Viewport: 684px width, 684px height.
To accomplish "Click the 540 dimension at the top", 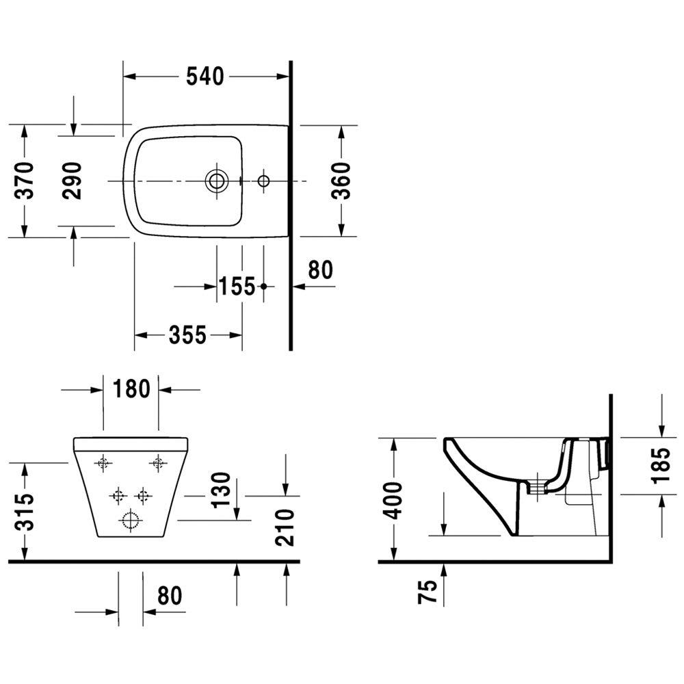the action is [x=205, y=77].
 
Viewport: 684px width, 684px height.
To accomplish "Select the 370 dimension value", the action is [x=25, y=180].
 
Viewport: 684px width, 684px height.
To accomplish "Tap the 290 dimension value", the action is [x=72, y=181].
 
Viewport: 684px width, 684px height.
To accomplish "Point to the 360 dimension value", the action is [x=340, y=180].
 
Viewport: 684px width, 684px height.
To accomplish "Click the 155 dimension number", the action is [x=237, y=287].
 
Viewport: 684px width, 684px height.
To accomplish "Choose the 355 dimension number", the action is [x=187, y=335].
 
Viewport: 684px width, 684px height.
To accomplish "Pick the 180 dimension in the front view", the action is [x=131, y=389].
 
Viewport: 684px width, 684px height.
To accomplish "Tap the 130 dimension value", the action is [x=220, y=490].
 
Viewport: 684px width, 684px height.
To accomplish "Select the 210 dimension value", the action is [x=285, y=527].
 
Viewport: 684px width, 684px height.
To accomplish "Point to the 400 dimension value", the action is [x=394, y=501].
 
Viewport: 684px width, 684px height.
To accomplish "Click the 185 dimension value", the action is [x=661, y=466].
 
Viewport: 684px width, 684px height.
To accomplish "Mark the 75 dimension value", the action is [x=428, y=591].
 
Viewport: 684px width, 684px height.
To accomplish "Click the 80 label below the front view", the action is [x=169, y=596].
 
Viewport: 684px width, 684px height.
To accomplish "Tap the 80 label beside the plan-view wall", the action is [x=321, y=269].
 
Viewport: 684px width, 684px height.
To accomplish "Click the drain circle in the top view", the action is [x=216, y=181].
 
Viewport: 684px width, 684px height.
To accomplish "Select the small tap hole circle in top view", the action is [x=263, y=181].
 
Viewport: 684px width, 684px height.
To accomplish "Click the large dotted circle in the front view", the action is [x=131, y=520].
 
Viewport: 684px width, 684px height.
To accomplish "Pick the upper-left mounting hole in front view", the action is [x=103, y=463].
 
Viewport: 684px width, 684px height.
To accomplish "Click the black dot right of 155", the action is [x=263, y=287].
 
